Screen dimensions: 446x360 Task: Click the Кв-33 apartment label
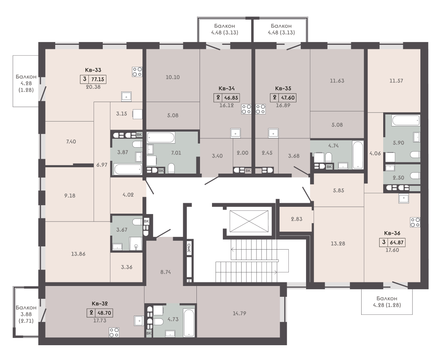tap(93, 70)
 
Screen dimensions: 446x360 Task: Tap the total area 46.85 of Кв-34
tap(231, 98)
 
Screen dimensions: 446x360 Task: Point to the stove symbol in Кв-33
tap(137, 72)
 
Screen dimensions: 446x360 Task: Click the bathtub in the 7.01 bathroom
tap(160, 138)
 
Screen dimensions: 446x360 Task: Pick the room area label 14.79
tap(239, 313)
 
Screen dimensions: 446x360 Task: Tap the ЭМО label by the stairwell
tap(189, 248)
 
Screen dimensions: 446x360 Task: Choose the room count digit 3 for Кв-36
tap(384, 242)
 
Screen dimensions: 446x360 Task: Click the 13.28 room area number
tap(338, 244)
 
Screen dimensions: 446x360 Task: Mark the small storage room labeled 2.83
tap(296, 219)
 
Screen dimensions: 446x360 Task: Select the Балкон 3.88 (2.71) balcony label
tap(26, 314)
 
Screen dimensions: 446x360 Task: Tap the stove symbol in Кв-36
tap(415, 222)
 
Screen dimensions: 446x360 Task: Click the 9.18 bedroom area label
tap(70, 196)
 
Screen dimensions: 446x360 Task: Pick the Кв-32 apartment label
tap(100, 304)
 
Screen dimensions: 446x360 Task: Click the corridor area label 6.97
tap(102, 165)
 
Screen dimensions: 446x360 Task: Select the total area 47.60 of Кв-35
tap(288, 98)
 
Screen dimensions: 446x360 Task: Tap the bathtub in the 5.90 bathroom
tap(406, 120)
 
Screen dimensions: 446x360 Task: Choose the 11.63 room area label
tap(337, 81)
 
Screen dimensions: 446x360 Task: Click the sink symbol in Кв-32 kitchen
tap(139, 321)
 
